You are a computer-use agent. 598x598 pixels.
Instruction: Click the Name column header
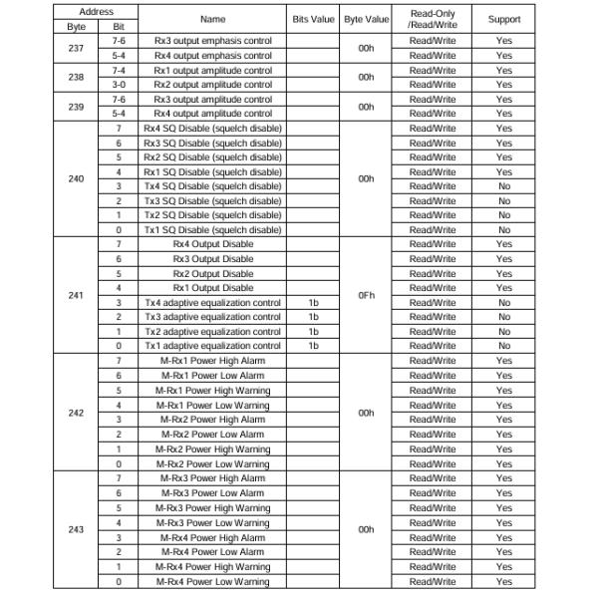tap(212, 19)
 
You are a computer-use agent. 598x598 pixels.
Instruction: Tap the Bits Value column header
tap(313, 19)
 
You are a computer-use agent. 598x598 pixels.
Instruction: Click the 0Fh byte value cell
tap(366, 296)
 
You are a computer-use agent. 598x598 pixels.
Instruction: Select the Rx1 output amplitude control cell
tap(212, 71)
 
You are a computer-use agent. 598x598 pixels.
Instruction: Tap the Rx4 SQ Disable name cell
tap(212, 129)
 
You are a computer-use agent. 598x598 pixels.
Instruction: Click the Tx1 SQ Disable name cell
tap(212, 230)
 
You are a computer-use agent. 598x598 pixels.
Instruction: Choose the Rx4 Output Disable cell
tap(212, 244)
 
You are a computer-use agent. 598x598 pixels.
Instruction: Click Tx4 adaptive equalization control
tap(212, 303)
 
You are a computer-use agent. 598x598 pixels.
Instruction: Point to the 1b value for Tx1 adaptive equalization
tap(313, 346)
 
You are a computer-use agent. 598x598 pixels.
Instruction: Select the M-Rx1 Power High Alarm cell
tap(212, 361)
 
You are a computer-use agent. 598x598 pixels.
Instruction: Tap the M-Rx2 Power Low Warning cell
tap(212, 463)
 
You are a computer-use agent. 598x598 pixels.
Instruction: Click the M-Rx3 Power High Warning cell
tap(212, 507)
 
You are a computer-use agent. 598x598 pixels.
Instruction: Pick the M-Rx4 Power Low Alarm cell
tap(212, 551)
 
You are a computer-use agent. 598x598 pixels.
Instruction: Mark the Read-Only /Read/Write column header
tap(432, 19)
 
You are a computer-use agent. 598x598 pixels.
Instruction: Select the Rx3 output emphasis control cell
tap(212, 41)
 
